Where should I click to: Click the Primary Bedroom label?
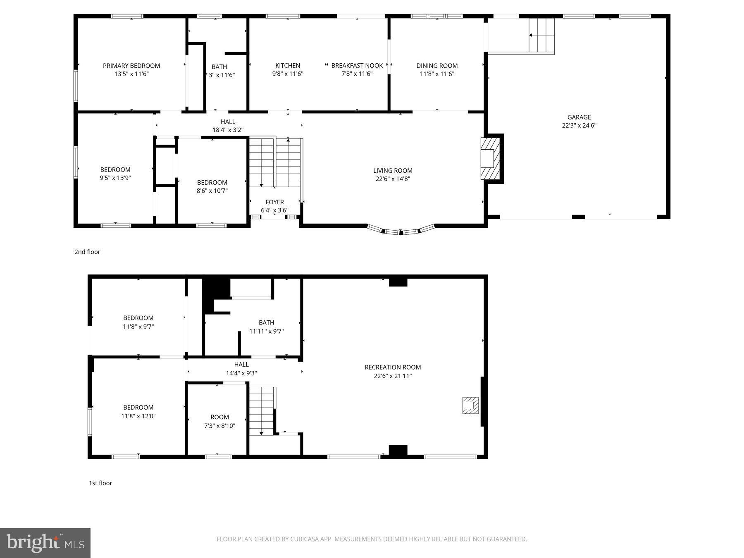pos(131,66)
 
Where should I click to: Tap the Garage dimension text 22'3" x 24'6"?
pos(579,126)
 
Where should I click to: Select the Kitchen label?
pos(288,66)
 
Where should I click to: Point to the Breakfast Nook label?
pos(357,66)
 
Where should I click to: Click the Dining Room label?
pos(437,66)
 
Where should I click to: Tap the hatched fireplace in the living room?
pos(490,159)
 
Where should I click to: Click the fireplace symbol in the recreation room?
pos(470,405)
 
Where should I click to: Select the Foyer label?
pos(274,202)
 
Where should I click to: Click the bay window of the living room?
pos(401,231)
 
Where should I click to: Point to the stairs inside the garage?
pos(541,35)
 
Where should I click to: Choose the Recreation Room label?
pos(393,367)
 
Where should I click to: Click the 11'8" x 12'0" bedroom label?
pos(138,412)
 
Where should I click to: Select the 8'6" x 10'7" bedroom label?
pos(212,186)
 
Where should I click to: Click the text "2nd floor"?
pos(87,252)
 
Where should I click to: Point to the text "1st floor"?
pos(100,483)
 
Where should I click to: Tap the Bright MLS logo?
pos(45,543)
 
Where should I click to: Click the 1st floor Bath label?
pos(266,322)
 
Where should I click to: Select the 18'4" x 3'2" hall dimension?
pos(228,130)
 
